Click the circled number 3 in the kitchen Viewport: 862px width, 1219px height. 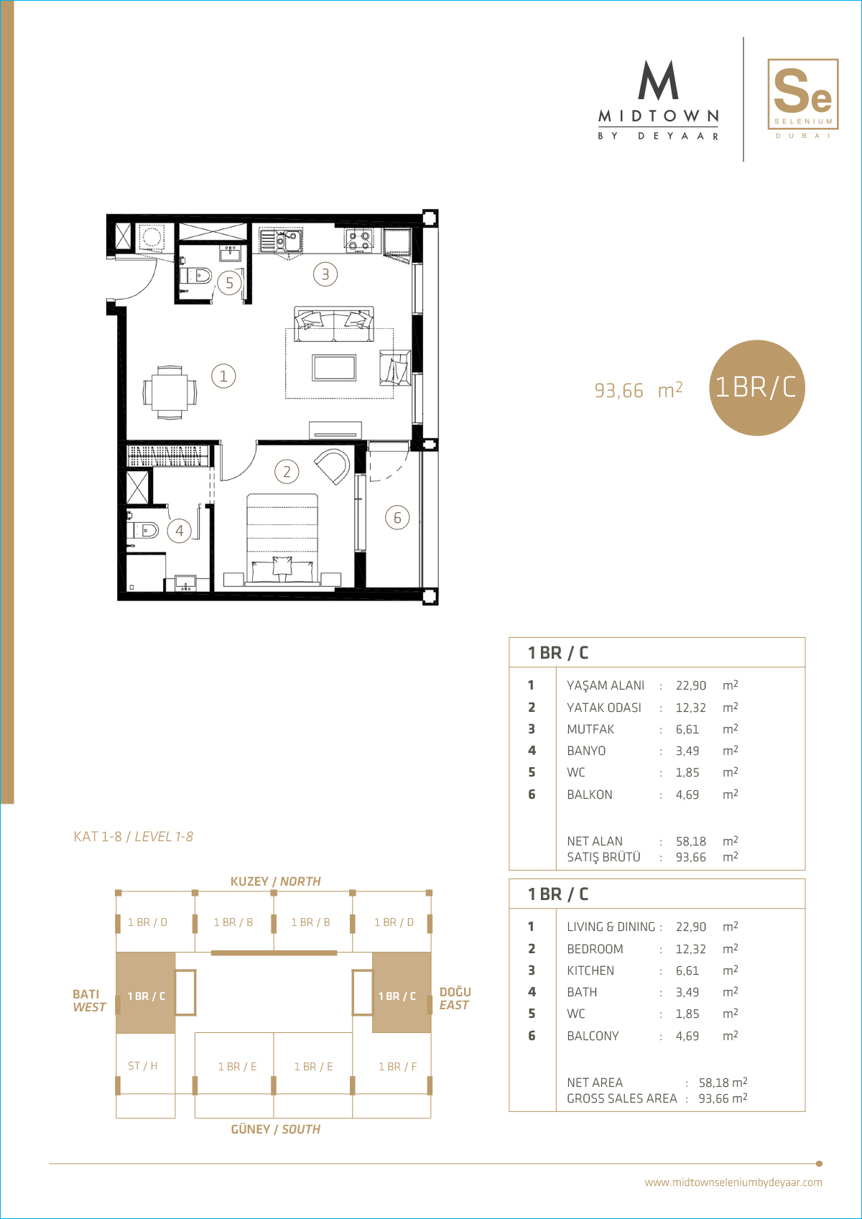[325, 274]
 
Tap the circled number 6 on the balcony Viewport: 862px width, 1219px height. [397, 517]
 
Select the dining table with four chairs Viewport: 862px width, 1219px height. [170, 392]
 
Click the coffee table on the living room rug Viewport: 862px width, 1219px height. [334, 367]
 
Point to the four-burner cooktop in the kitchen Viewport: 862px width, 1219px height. [359, 241]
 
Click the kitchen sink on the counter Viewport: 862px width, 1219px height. [281, 241]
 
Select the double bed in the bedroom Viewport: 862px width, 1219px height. [282, 539]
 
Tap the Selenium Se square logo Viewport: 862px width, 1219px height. [802, 94]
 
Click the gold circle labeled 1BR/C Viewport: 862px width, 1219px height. [756, 387]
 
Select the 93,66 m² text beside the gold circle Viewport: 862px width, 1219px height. [639, 390]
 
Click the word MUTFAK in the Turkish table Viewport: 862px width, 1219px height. [590, 729]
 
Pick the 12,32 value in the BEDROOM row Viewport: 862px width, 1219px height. [690, 949]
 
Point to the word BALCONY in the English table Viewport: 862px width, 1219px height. [593, 1036]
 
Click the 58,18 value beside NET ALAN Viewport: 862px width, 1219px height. [690, 841]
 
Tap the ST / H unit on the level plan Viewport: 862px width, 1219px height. [142, 1066]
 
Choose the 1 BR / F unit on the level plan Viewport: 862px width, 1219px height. [398, 1067]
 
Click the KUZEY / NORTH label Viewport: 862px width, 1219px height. [275, 881]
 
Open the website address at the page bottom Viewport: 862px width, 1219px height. [733, 1182]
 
